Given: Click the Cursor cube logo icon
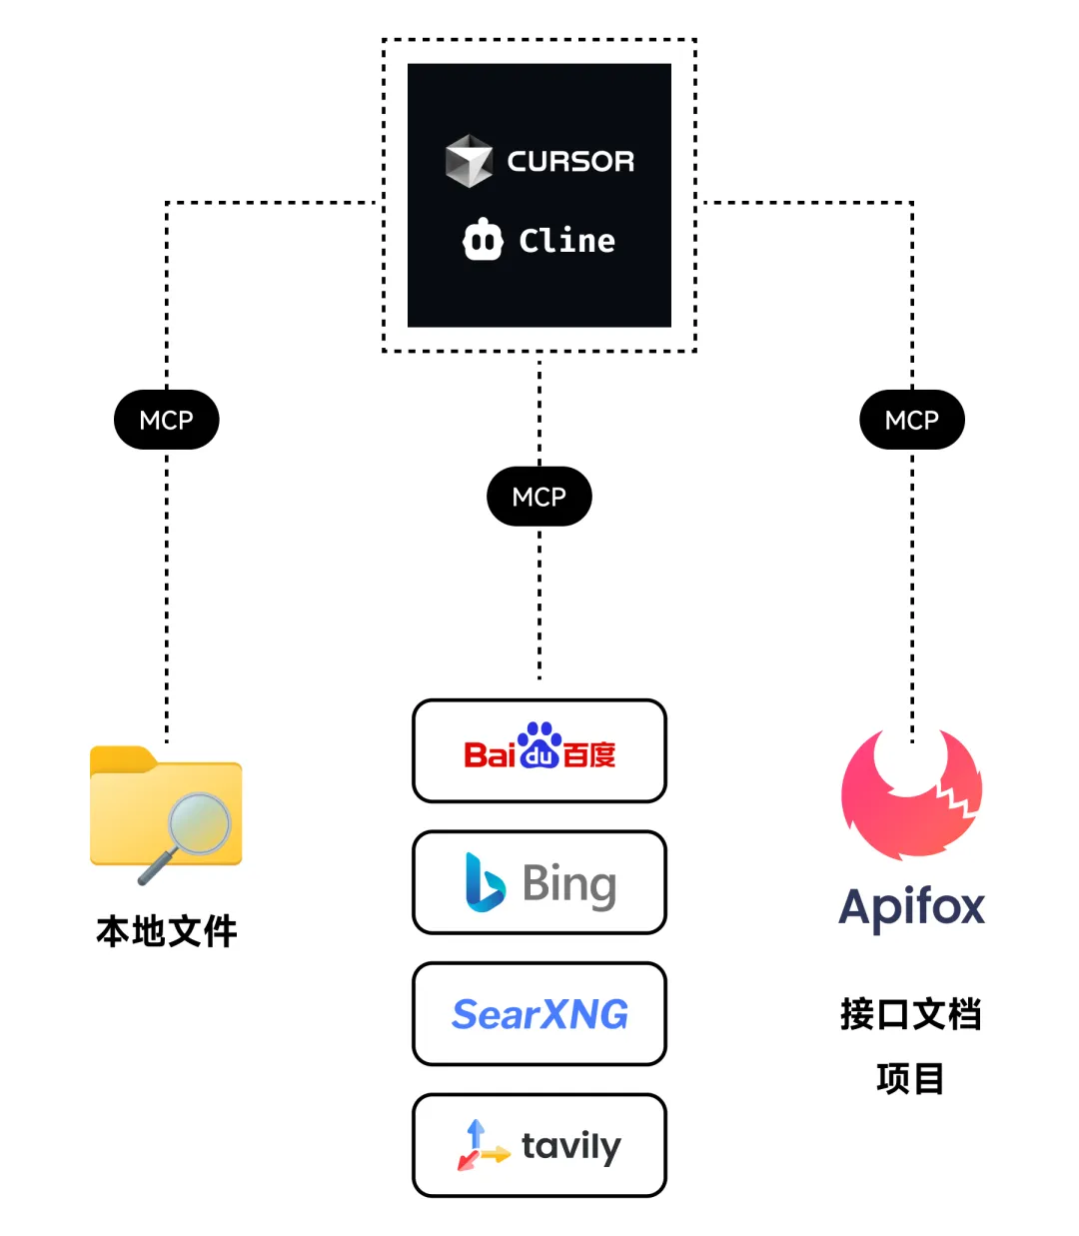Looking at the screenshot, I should point(469,161).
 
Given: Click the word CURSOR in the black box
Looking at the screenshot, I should point(570,161).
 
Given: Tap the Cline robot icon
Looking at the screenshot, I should point(483,240).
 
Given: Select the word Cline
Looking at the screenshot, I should point(566,241).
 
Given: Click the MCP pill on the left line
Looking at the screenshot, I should point(166,420).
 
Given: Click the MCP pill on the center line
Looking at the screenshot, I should point(539,497).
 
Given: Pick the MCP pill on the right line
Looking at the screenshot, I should point(912,420).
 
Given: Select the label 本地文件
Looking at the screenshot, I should point(167,931).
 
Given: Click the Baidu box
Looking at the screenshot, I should point(539,751).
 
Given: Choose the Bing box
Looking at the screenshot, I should point(539,883).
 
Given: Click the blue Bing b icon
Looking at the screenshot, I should point(485,882).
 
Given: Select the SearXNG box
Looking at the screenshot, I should point(539,1014).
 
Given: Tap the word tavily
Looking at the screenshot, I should point(570,1146).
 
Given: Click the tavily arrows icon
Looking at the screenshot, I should point(480,1146).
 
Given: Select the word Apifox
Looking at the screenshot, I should point(911,907).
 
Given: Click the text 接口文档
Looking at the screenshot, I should point(911,1014).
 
